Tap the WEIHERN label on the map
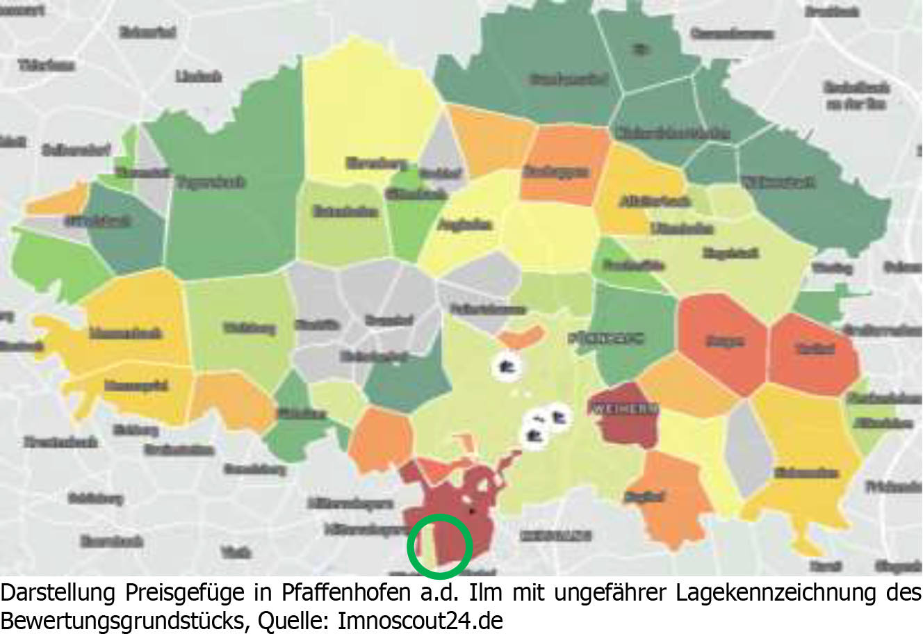pos(623,409)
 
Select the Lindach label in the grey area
pos(198,76)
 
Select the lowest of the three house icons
pos(534,436)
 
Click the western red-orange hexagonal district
pos(724,341)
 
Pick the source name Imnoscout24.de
pos(420,620)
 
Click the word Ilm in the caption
pos(484,594)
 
